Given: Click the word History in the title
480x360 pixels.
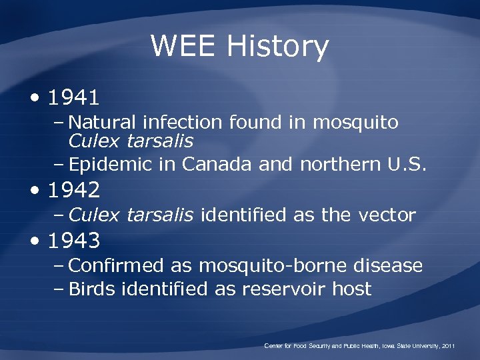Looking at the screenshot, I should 277,47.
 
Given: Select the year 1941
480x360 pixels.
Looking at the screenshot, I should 74,98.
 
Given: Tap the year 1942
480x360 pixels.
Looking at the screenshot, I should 74,191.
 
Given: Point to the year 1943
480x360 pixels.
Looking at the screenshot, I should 74,240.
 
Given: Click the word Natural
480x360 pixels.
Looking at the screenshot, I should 102,123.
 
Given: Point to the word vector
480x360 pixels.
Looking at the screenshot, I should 387,215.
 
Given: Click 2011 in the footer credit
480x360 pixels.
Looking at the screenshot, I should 448,346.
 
